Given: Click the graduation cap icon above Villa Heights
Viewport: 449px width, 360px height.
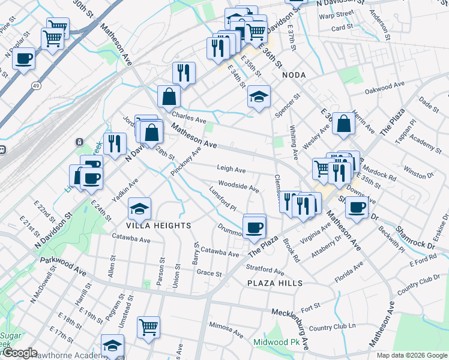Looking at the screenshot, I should (140, 209).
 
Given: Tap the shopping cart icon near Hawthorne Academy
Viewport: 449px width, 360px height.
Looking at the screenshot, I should (148, 327).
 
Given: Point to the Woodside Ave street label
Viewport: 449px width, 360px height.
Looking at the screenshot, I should (238, 187).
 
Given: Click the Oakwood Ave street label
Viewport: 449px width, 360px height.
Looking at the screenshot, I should (386, 88).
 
